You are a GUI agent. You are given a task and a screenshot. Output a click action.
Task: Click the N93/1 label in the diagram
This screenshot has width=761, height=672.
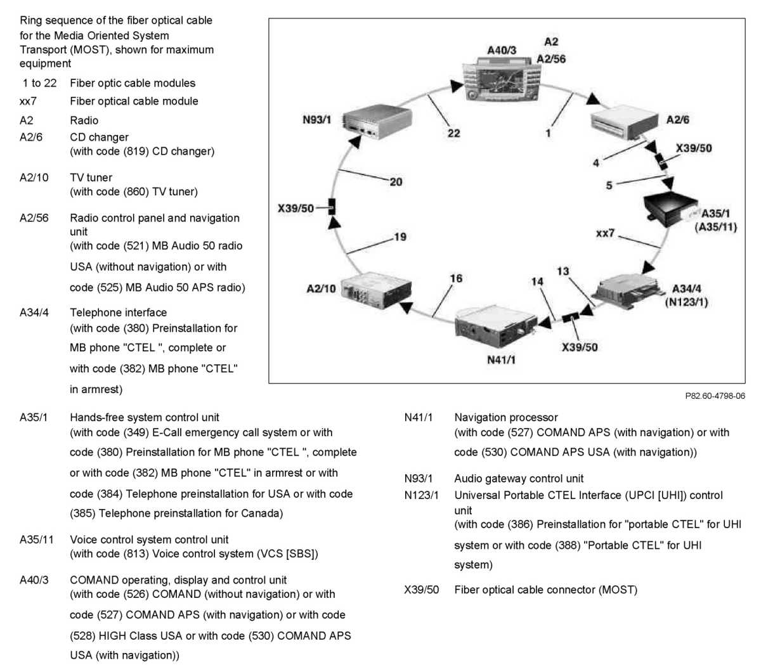(316, 120)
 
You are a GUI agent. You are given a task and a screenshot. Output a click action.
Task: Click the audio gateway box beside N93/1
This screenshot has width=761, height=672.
(376, 120)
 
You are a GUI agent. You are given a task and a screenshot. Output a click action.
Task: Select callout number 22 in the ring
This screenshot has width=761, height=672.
(453, 133)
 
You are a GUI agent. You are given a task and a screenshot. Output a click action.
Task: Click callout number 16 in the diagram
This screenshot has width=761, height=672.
(456, 278)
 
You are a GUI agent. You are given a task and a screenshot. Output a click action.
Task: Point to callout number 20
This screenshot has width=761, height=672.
(396, 182)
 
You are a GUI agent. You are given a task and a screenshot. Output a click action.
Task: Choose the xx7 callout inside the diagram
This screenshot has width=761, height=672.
(605, 233)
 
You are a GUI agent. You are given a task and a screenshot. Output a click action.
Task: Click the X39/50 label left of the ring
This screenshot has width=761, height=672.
(296, 208)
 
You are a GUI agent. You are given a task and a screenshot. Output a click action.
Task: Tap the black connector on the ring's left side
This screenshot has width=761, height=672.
(332, 207)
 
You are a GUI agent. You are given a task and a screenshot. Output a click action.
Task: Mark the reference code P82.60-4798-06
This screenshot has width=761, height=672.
(715, 396)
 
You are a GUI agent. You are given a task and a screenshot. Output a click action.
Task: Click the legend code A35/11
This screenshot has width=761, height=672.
(37, 540)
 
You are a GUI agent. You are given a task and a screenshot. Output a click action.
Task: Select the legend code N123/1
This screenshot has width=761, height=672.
(421, 495)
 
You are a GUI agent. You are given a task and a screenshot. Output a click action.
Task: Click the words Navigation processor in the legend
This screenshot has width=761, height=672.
(505, 417)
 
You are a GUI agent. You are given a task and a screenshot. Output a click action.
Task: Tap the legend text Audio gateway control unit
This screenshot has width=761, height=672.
(519, 479)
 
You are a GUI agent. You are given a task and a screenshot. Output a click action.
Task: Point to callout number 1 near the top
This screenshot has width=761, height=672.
(548, 133)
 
